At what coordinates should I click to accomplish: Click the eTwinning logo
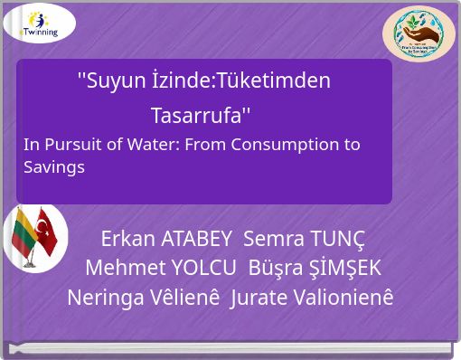click(39, 24)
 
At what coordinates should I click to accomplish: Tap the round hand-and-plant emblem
click(419, 34)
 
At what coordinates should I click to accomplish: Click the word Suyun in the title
click(106, 81)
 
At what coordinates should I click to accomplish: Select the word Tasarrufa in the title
click(199, 117)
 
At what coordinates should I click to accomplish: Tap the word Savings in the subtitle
click(54, 167)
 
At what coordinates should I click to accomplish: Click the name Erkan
click(127, 240)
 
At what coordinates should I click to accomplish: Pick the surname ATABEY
click(196, 240)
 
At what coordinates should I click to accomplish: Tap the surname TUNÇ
click(337, 240)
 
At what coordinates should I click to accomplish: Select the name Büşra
click(276, 269)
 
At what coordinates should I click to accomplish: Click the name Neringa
click(103, 298)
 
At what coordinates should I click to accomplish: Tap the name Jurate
click(259, 298)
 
